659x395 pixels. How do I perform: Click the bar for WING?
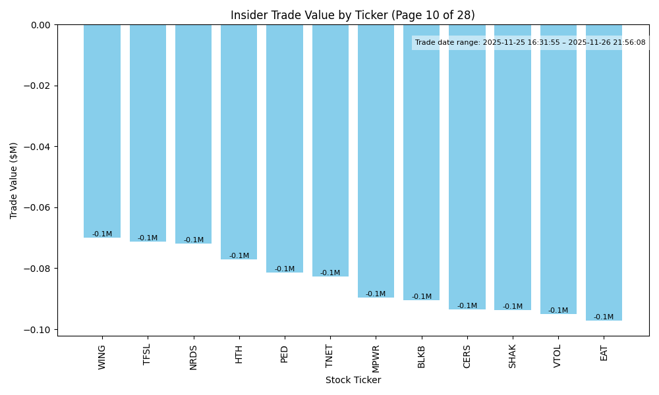tap(102, 131)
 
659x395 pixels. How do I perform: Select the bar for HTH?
tap(239, 142)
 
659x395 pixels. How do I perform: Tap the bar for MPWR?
tap(376, 161)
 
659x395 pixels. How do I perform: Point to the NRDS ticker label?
tap(194, 356)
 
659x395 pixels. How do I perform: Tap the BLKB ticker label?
tap(422, 356)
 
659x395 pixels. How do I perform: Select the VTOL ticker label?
tap(558, 356)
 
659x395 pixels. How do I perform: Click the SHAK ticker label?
tap(513, 356)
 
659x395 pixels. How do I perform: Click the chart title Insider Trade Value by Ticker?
tap(353, 15)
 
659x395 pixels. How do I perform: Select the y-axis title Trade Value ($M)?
tap(14, 180)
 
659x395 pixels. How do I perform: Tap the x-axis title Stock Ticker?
tap(353, 380)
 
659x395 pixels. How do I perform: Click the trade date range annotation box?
tap(530, 43)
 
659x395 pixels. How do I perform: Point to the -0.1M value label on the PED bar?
tap(285, 269)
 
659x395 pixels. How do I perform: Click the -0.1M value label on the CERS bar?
tap(467, 306)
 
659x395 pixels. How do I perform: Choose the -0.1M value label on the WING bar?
tap(102, 234)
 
